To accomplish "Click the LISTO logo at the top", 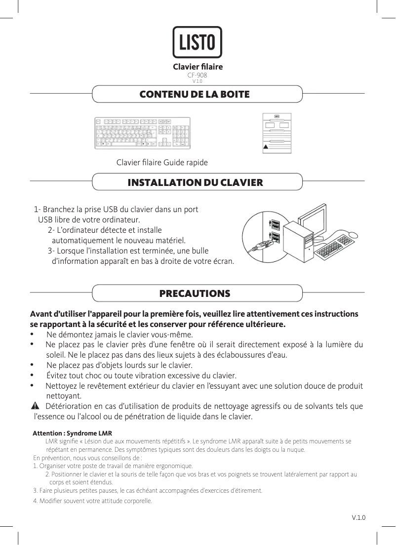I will point(197,42).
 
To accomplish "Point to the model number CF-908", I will point(197,75).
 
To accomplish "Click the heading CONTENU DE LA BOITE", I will point(195,94).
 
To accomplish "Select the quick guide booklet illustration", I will point(277,133).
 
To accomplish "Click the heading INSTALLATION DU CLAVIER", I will point(195,182).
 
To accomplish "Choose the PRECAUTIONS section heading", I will point(195,294).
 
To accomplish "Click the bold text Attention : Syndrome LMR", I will point(65,433).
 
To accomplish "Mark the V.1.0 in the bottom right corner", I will point(358,517).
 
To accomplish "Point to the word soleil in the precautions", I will point(56,355).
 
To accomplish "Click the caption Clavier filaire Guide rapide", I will point(161,163).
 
